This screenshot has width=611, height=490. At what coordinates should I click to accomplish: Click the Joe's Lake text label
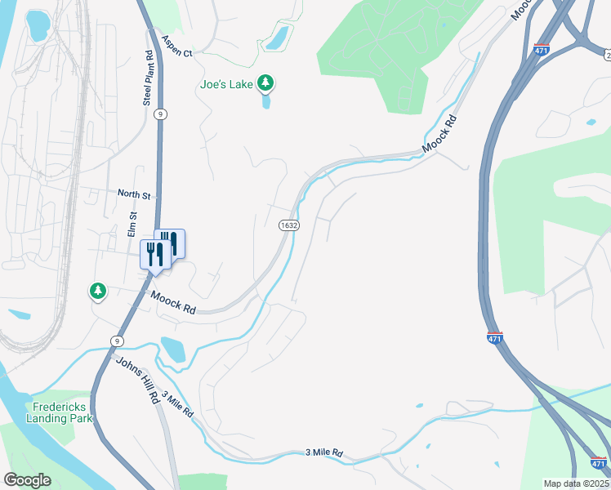[227, 83]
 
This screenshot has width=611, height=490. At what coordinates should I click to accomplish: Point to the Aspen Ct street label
[176, 46]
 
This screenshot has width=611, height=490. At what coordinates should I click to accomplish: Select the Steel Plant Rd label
[149, 78]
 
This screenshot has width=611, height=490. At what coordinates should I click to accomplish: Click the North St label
[135, 195]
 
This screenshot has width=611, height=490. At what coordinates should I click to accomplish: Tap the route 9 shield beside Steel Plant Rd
[162, 114]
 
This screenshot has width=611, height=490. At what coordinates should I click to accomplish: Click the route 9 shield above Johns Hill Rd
[118, 340]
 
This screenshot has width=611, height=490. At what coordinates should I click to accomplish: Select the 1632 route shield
[288, 225]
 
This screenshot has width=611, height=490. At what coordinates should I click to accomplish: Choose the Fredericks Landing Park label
[61, 412]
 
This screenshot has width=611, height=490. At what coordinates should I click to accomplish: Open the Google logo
[27, 480]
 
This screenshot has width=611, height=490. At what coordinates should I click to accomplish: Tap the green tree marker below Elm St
[98, 290]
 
